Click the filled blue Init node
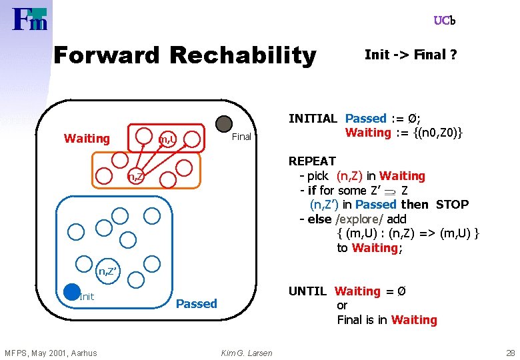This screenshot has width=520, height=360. [72, 291]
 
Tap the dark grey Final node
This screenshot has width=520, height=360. [224, 123]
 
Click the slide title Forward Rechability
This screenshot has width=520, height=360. [184, 55]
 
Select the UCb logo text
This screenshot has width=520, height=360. [445, 21]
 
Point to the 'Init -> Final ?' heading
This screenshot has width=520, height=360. [411, 55]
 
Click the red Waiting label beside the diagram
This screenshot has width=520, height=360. [87, 139]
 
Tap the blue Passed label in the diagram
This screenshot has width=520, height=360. [196, 304]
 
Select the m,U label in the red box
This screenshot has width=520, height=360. [167, 139]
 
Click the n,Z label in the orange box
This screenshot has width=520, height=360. [135, 177]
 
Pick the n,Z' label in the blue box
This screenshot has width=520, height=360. [109, 271]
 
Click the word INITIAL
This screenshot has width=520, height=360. [313, 119]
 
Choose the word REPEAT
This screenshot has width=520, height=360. [312, 161]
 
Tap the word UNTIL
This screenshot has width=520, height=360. [307, 291]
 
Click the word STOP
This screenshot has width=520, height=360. [453, 205]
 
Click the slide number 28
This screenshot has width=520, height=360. [511, 353]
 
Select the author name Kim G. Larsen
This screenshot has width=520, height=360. [247, 353]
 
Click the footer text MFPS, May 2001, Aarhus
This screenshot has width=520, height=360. [51, 353]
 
